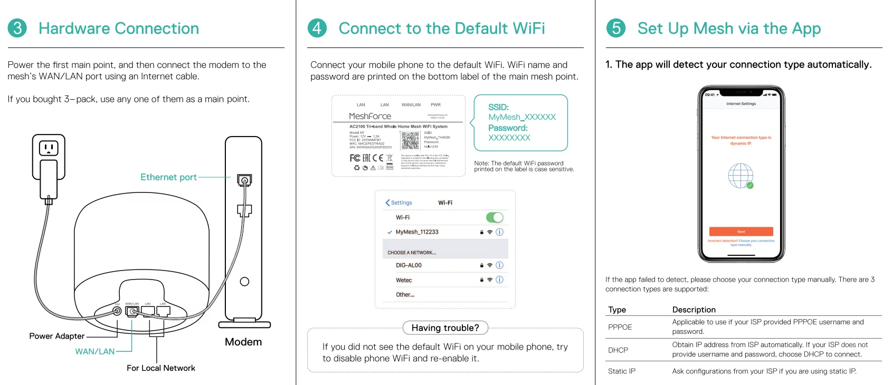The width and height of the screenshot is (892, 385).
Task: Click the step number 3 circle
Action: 17,28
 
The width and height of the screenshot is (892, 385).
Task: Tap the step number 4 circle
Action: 317,28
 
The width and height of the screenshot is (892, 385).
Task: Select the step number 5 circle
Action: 616,28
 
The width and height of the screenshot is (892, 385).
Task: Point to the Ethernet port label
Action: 168,177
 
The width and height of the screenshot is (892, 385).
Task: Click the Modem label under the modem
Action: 243,342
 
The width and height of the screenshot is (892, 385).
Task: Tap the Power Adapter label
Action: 57,336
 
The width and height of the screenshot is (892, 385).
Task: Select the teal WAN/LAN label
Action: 95,351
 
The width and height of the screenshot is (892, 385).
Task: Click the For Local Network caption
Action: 161,368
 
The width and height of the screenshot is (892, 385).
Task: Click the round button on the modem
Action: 244,282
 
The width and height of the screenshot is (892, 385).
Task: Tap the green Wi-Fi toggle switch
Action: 495,217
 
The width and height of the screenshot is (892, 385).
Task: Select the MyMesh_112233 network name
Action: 417,232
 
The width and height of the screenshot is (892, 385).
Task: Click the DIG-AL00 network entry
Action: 409,265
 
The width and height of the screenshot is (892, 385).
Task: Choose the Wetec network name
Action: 404,280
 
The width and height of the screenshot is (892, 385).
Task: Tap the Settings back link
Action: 399,203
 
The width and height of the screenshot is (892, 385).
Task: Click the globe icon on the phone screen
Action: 741,176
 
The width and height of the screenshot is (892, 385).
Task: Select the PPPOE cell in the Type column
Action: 620,327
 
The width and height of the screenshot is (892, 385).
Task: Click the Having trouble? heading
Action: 445,328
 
